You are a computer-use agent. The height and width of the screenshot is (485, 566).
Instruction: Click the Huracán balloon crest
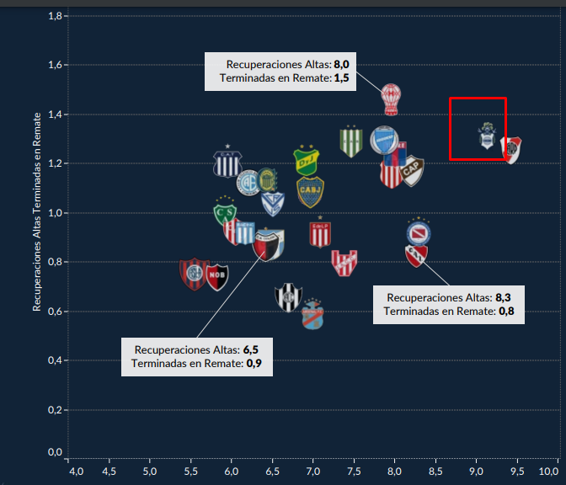[x=391, y=99]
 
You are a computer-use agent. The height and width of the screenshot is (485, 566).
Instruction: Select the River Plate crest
[x=510, y=149]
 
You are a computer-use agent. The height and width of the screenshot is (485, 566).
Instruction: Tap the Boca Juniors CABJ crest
[x=309, y=192]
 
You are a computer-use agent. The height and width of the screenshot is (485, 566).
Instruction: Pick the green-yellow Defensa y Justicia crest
[x=307, y=158]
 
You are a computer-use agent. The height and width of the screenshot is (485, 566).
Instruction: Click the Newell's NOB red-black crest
[x=217, y=274]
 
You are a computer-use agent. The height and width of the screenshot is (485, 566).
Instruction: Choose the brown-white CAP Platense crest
[x=411, y=171]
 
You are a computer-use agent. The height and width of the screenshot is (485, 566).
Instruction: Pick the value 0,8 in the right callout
[x=505, y=311]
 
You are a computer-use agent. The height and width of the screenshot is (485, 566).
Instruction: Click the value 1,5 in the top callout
[x=342, y=77]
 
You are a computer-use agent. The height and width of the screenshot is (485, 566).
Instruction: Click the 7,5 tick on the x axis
[x=354, y=469]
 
